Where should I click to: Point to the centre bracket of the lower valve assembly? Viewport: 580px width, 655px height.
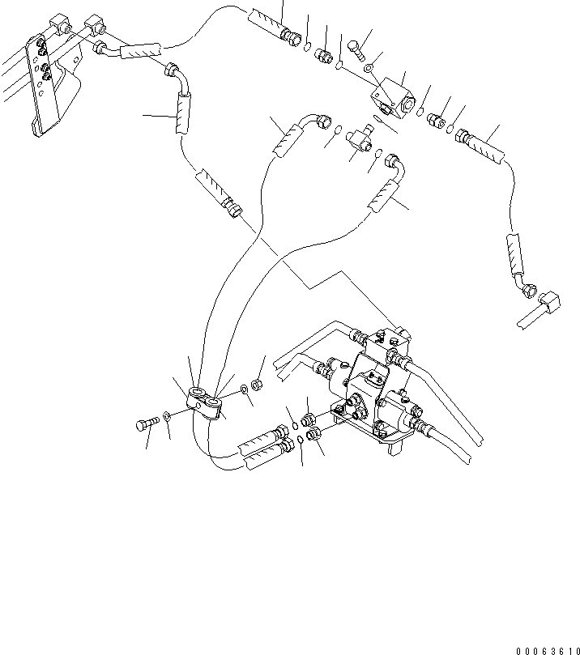pyautogui.click(x=369, y=381)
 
